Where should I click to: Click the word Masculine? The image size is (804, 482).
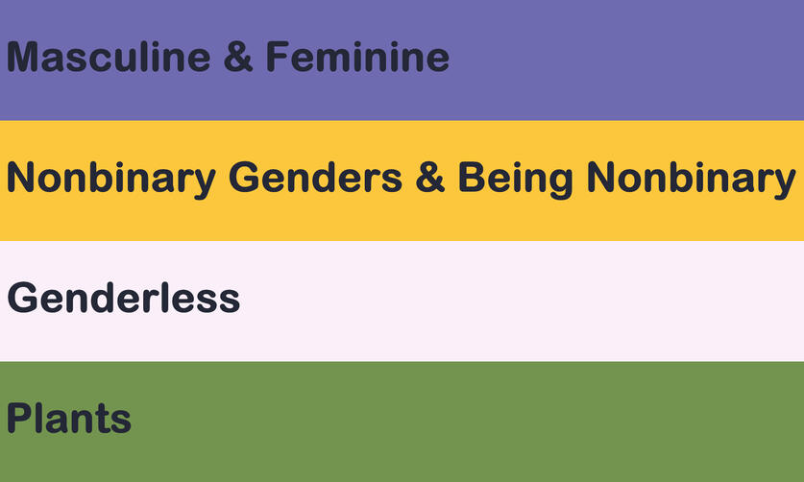109,57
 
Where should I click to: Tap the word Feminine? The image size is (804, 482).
357,57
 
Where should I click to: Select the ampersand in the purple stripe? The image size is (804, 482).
238,57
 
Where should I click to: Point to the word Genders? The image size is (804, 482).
315,178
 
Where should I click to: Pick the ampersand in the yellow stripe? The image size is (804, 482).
429,178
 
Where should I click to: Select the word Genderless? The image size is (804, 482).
124,298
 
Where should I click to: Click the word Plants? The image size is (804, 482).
69,418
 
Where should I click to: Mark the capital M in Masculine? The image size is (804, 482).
22,57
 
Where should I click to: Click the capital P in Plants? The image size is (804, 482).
19,418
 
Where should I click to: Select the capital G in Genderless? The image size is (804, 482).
22,298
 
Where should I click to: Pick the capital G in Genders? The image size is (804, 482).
244,178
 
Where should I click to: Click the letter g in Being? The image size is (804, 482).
560,183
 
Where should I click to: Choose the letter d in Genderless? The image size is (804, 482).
103,298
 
